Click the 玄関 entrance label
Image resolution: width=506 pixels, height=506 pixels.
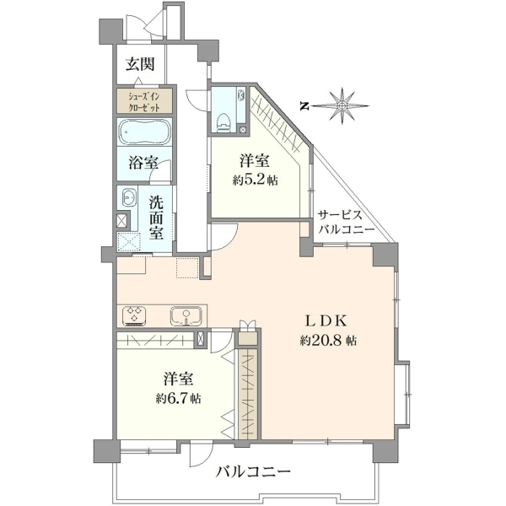pyautogui.click(x=140, y=64)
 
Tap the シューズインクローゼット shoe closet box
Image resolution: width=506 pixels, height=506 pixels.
pyautogui.click(x=144, y=101)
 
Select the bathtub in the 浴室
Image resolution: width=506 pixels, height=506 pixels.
pyautogui.click(x=144, y=132)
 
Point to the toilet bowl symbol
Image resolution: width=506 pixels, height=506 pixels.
pyautogui.click(x=223, y=121)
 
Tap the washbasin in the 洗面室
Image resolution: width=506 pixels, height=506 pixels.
pyautogui.click(x=129, y=196)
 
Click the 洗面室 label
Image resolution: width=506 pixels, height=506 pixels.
pyautogui.click(x=156, y=218)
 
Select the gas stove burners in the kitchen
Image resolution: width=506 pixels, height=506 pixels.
pyautogui.click(x=134, y=315)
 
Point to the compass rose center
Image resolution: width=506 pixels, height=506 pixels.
pyautogui.click(x=342, y=106)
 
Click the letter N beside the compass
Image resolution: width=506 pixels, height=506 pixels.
pyautogui.click(x=304, y=106)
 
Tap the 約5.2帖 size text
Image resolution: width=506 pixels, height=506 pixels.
pyautogui.click(x=256, y=180)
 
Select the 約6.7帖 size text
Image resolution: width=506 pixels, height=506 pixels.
pyautogui.click(x=178, y=399)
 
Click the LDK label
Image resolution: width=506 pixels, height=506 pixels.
pyautogui.click(x=326, y=321)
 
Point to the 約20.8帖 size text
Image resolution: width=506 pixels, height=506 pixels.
pyautogui.click(x=328, y=340)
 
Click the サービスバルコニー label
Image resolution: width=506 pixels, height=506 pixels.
pyautogui.click(x=346, y=222)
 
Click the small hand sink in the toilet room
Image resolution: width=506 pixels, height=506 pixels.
pyautogui.click(x=240, y=95)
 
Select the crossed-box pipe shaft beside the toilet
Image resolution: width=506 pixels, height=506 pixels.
pyautogui.click(x=243, y=129)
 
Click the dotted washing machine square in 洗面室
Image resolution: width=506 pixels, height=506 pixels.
pyautogui.click(x=129, y=241)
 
